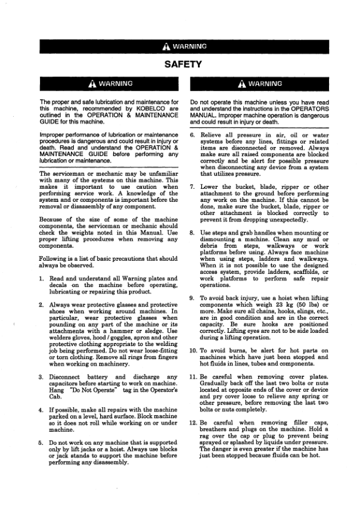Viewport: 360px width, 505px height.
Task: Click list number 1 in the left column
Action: point(42,279)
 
